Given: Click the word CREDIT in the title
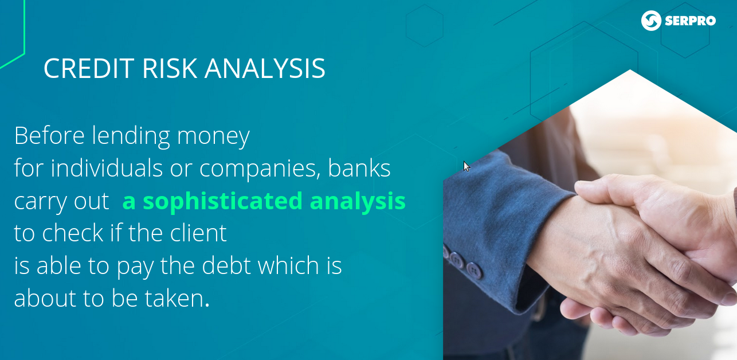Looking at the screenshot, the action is point(89,68).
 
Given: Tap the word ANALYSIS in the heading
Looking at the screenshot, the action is point(265,68).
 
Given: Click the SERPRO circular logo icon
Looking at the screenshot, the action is point(651,21).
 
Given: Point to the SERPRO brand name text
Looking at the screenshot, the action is point(690,21).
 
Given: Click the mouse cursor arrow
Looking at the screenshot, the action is point(466,166).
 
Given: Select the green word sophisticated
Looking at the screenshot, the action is point(223,201).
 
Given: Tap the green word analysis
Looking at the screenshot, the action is point(358,201).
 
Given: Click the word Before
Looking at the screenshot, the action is point(49,135).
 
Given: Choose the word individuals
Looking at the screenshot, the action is point(107,168).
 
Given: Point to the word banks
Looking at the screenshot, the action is point(359,168).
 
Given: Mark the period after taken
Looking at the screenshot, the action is point(207,305).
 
